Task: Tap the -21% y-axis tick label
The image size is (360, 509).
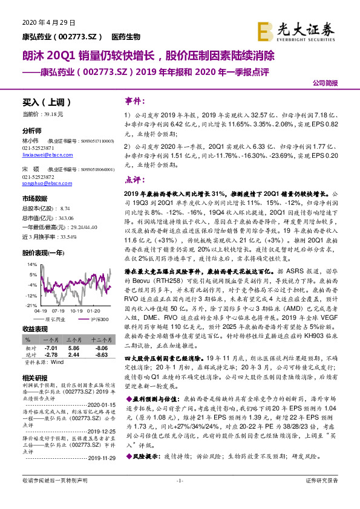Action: (x=28, y=306)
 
